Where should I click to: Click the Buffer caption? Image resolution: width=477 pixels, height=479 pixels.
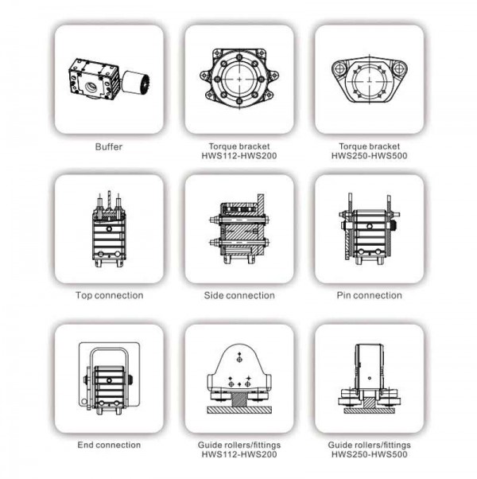pos(109,146)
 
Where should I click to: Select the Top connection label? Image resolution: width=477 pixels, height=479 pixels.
pos(109,295)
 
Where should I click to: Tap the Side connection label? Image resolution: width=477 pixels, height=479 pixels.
pos(239,295)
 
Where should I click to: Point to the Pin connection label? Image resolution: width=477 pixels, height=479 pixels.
pos(369,295)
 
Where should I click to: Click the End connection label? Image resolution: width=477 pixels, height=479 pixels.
pos(109,445)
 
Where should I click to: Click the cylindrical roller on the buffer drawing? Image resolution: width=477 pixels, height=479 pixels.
pos(136,82)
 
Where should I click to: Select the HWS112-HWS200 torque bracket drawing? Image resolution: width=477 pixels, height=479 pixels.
pos(239,79)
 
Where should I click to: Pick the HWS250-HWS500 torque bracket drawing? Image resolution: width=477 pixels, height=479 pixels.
pos(369,79)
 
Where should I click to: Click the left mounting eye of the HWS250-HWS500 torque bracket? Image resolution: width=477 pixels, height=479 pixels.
pos(339,68)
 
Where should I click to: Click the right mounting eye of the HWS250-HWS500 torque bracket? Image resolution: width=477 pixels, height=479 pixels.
pos(399,68)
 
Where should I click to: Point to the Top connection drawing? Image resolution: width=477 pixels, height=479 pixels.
pos(109,229)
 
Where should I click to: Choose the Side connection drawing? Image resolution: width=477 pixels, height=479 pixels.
pos(239,229)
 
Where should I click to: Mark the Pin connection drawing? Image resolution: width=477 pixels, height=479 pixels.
pos(369,229)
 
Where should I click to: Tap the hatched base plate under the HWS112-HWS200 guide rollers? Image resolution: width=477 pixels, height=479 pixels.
pos(239,410)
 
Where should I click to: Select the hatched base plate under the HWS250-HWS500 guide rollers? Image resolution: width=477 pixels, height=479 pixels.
pos(369,411)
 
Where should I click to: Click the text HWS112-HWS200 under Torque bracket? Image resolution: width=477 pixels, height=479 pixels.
pos(239,156)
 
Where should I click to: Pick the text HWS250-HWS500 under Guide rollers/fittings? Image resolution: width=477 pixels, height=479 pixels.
pos(369,454)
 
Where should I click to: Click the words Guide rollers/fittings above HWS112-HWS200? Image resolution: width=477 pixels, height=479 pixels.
pos(239,445)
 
